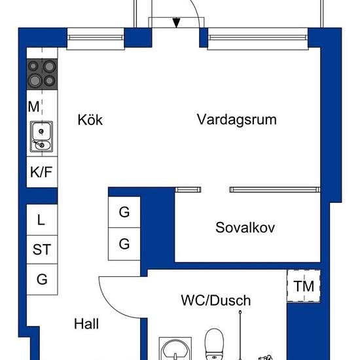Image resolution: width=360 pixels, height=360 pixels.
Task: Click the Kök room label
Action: [90, 120]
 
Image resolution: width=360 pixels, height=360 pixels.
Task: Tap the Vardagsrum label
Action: [237, 120]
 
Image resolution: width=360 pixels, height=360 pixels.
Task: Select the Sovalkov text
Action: [245, 228]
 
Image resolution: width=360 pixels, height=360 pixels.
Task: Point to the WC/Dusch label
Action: [216, 300]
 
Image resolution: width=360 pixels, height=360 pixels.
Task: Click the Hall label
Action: [86, 324]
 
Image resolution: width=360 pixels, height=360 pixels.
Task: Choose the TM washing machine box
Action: [304, 286]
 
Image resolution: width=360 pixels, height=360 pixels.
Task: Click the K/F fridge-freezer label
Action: [41, 171]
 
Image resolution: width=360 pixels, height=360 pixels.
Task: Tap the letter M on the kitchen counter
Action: [33, 107]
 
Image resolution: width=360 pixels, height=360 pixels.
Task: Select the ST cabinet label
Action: [41, 249]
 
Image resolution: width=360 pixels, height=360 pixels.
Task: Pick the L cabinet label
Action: [41, 220]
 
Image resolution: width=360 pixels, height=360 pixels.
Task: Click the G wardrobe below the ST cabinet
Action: [42, 279]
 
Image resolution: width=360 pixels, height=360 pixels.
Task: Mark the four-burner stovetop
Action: [42, 74]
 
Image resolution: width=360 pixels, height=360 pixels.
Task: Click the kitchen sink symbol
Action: [41, 137]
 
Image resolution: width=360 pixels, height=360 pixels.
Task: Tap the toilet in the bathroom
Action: [214, 344]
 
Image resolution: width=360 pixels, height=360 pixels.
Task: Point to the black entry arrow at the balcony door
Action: [176, 23]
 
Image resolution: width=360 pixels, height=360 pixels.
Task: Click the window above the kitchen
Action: [96, 38]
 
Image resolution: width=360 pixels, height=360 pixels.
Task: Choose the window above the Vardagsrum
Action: [258, 38]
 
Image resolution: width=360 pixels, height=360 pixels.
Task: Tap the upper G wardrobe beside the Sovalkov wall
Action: [124, 212]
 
